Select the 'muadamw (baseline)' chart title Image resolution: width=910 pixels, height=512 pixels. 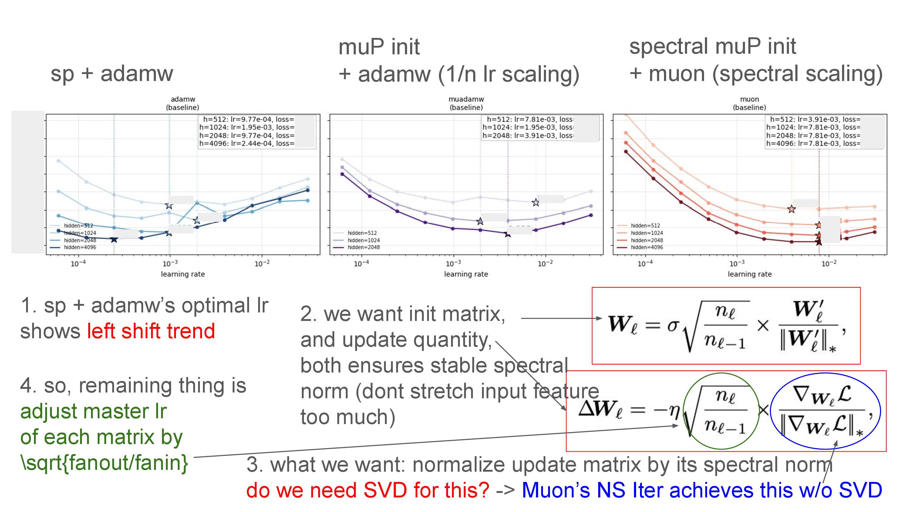tap(466, 103)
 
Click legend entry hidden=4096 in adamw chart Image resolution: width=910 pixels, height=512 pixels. tap(79, 247)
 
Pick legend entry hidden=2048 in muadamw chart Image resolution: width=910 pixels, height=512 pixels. tap(363, 247)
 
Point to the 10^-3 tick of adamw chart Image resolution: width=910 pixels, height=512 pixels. tap(170, 263)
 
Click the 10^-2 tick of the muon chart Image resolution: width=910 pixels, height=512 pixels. tap(828, 263)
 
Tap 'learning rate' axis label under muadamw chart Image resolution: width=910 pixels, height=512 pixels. tap(466, 274)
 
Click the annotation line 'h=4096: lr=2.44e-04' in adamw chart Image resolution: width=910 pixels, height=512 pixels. tap(246, 143)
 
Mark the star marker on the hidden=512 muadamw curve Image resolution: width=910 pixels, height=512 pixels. tap(536, 203)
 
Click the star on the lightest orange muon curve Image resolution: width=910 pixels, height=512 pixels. tap(791, 209)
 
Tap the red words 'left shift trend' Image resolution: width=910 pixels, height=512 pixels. tap(151, 331)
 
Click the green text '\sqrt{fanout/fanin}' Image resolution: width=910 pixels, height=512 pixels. tap(104, 463)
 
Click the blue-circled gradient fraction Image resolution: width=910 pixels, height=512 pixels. tap(825, 411)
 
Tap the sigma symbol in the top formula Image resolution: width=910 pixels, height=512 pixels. tap(672, 325)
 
